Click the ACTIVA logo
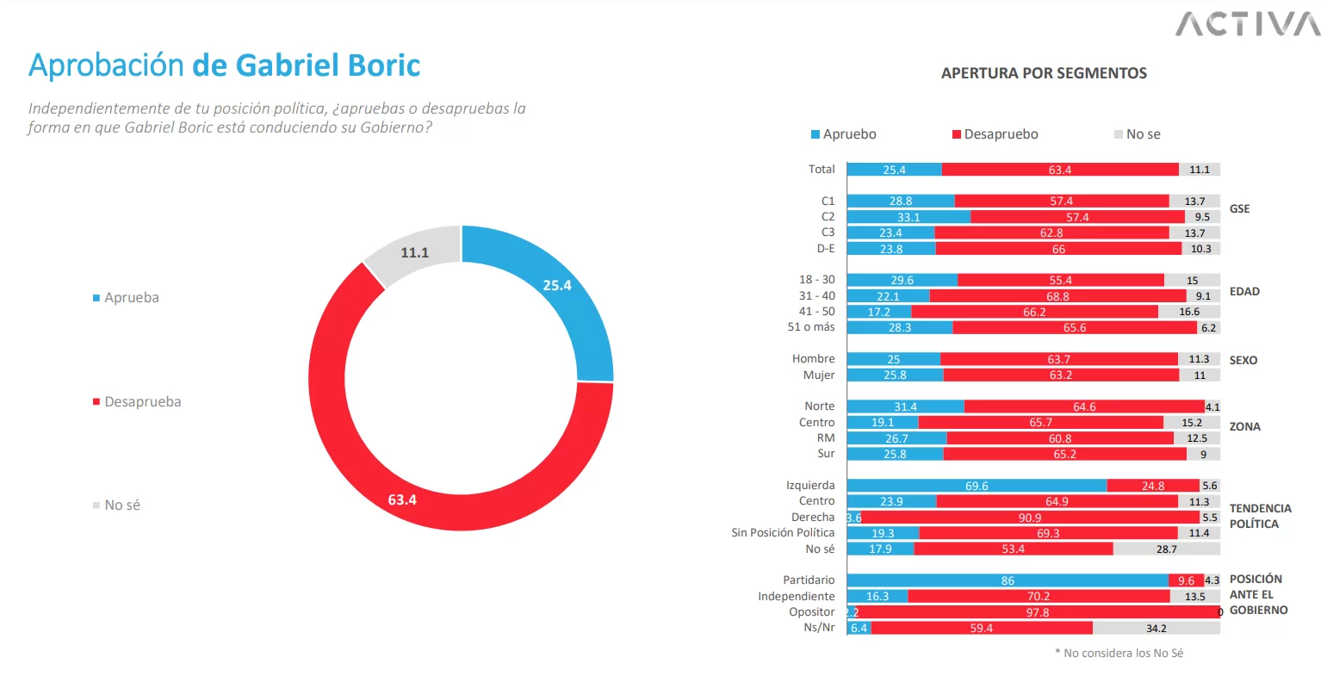[x=1248, y=23]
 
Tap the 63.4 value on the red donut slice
[x=402, y=499]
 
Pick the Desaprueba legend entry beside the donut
[x=142, y=402]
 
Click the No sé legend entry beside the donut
[x=121, y=505]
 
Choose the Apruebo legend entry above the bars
[x=848, y=134]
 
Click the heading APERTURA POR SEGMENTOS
[x=1044, y=73]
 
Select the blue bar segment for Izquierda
[x=977, y=486]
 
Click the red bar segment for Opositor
[x=1038, y=612]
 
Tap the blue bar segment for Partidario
[x=1007, y=580]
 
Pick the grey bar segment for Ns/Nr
[x=1156, y=628]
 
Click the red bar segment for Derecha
[x=1030, y=518]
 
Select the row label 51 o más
[x=810, y=327]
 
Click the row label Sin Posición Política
[x=783, y=533]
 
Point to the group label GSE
[x=1239, y=209]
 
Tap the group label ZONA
[x=1244, y=426]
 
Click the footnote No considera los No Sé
[x=1119, y=654]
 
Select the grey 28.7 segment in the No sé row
[x=1166, y=549]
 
